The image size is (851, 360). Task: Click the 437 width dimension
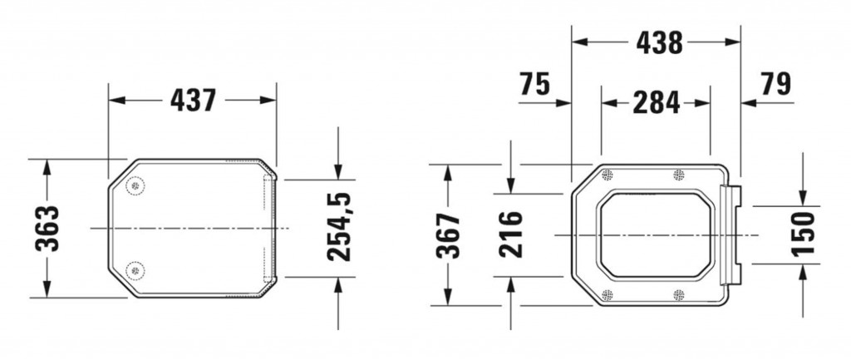click(193, 101)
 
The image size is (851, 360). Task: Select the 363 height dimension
click(47, 229)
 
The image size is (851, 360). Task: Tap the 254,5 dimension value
click(338, 226)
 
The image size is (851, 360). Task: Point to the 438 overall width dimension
click(659, 42)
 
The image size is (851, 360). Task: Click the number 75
click(535, 84)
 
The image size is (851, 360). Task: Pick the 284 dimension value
click(656, 102)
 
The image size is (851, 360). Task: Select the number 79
click(775, 84)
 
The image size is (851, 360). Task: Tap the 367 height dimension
click(448, 235)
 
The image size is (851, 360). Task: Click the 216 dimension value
click(511, 235)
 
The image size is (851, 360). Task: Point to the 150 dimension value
click(804, 234)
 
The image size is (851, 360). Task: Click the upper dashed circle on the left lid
click(135, 185)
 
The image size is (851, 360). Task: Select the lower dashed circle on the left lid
click(135, 269)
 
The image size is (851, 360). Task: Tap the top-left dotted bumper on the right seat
click(607, 175)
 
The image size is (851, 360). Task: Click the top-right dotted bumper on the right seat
click(679, 175)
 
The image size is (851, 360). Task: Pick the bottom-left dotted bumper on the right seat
click(607, 294)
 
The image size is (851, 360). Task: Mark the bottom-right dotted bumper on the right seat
click(679, 294)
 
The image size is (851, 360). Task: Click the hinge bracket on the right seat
click(731, 235)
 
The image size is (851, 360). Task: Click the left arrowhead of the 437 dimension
click(115, 101)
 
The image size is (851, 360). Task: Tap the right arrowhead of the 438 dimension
click(734, 42)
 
